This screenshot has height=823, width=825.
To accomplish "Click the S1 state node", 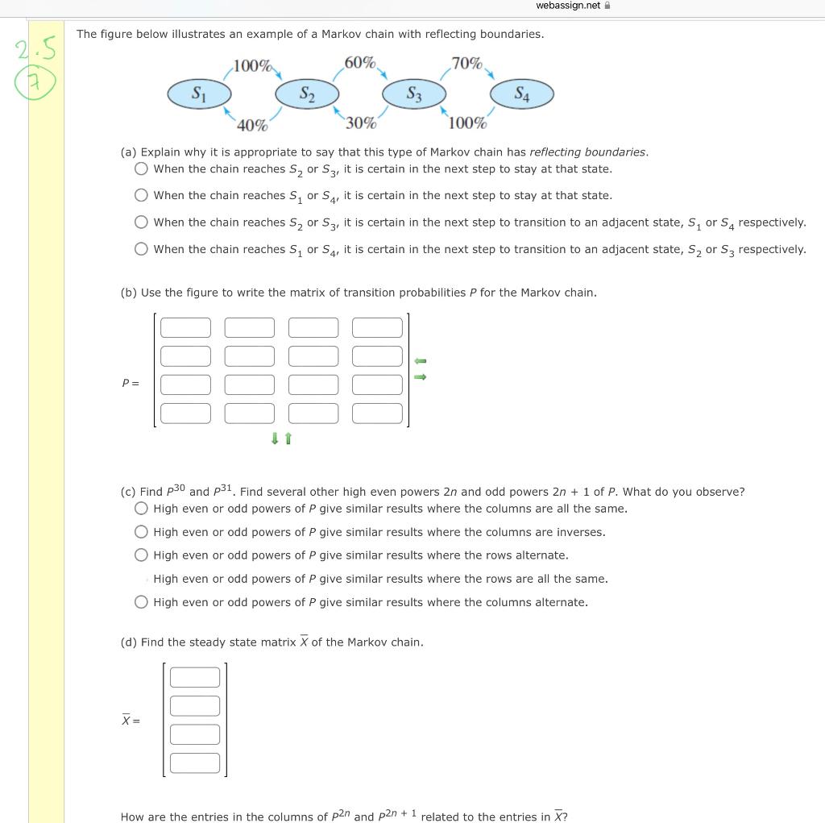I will pyautogui.click(x=198, y=94).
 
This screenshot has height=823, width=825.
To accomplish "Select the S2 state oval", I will pyautogui.click(x=307, y=94).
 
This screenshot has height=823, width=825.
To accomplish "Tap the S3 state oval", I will pyautogui.click(x=413, y=94).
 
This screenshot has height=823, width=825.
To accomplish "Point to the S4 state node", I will pyautogui.click(x=522, y=94).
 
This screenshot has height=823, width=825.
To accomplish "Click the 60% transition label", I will pyautogui.click(x=359, y=63).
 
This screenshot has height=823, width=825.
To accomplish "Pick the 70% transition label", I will pyautogui.click(x=467, y=63).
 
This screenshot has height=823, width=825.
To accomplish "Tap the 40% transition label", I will pyautogui.click(x=252, y=125).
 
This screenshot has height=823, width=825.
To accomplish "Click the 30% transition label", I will pyautogui.click(x=360, y=123).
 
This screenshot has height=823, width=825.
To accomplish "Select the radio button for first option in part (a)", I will pyautogui.click(x=142, y=169).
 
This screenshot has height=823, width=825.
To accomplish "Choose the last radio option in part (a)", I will pyautogui.click(x=142, y=249).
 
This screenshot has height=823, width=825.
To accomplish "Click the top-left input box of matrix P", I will pyautogui.click(x=185, y=327).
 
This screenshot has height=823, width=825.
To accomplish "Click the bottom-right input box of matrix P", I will pyautogui.click(x=377, y=414).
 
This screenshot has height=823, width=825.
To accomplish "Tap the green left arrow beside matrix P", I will pyautogui.click(x=420, y=360).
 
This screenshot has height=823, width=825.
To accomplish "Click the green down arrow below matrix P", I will pyautogui.click(x=275, y=439).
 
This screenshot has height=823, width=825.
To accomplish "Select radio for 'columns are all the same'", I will pyautogui.click(x=142, y=509).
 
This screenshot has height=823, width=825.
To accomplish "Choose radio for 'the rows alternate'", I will pyautogui.click(x=142, y=555).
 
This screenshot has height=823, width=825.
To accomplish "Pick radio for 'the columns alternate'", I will pyautogui.click(x=142, y=602).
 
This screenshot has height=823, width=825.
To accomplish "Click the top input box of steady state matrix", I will pyautogui.click(x=195, y=677).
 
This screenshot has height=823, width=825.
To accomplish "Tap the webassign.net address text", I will pyautogui.click(x=568, y=6).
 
